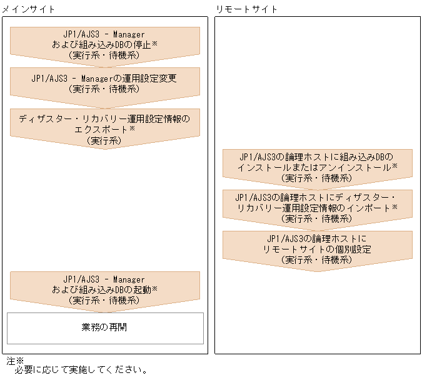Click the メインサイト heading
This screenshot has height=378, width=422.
28,9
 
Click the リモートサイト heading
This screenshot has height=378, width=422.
246,9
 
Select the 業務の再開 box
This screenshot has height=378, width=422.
104,327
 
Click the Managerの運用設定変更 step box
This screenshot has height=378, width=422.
104,84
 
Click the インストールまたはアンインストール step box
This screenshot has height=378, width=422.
317,167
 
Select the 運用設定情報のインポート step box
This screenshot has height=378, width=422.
317,208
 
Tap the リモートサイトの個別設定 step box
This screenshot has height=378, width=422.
317,248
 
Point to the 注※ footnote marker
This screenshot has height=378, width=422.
14,361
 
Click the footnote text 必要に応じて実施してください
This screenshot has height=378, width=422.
81,371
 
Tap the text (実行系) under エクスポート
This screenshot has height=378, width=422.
104,140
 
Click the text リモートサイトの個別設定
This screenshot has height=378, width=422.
318,249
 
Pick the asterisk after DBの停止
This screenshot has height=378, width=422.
154,45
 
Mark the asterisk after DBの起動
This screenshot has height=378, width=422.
154,289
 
